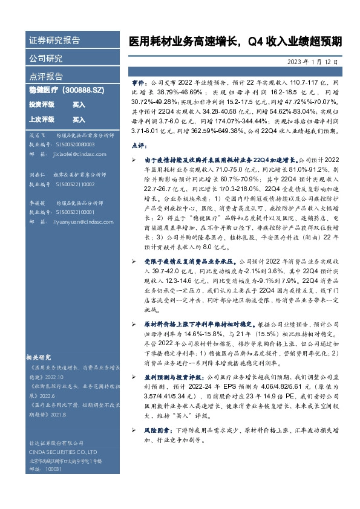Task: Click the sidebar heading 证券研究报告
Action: [x=54, y=41]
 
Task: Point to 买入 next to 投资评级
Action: [x=79, y=105]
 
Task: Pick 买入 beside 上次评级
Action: [x=79, y=120]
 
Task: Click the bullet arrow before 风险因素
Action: [x=134, y=429]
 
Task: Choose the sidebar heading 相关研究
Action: [x=42, y=357]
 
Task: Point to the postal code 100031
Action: [x=54, y=468]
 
